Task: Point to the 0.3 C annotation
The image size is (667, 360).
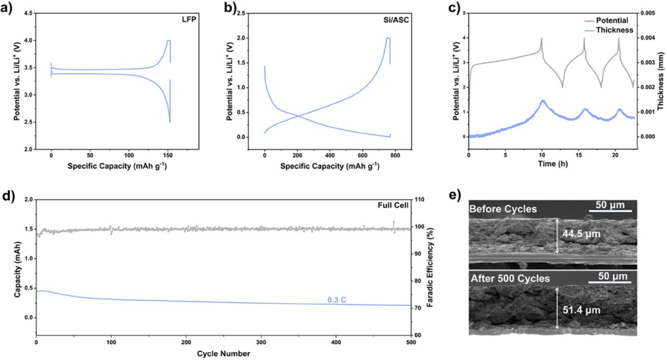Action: [x=337, y=300]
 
